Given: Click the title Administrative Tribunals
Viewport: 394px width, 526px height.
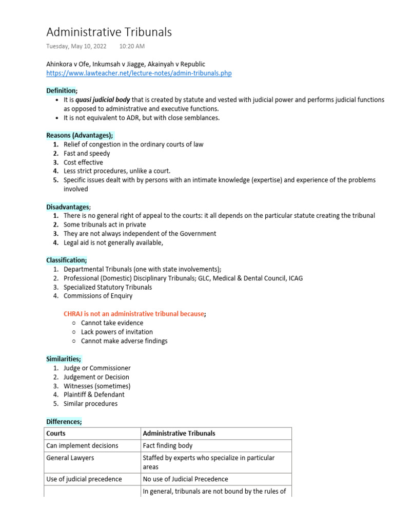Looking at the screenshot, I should [x=109, y=32].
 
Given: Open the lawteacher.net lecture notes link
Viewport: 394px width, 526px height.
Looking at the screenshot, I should [x=139, y=73].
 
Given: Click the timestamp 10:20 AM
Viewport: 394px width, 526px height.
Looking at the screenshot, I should [x=132, y=46].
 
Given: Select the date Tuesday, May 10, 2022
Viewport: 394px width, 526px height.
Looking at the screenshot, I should [x=76, y=46].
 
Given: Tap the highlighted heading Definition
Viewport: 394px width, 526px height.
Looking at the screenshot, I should [x=61, y=90].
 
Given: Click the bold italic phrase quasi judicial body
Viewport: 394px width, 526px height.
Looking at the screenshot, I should [x=103, y=100].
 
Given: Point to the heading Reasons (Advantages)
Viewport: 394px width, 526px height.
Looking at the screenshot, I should [x=80, y=136].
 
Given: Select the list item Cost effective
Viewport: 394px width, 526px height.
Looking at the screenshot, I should [x=83, y=162].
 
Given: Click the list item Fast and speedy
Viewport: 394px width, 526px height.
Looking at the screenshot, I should [x=87, y=154].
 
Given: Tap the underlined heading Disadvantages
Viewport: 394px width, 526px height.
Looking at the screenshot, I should [x=68, y=206].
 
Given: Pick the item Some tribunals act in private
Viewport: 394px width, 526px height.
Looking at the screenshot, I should [x=105, y=224].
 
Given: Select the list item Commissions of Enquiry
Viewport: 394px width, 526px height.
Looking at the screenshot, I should [x=98, y=296].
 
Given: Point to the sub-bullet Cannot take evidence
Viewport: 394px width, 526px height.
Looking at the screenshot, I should [x=112, y=323].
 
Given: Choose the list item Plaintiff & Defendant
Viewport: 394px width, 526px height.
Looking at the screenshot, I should [x=94, y=394].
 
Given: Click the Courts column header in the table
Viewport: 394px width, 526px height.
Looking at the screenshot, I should [x=56, y=433].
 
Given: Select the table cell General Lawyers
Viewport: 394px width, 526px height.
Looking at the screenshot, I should [x=70, y=458].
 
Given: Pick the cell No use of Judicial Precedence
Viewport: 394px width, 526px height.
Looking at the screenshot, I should [x=185, y=479].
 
